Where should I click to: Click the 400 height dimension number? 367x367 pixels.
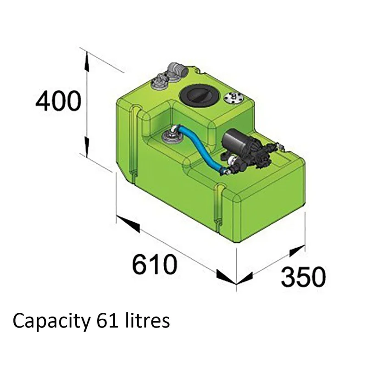tap(58, 101)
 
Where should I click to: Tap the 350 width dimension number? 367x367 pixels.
tap(303, 277)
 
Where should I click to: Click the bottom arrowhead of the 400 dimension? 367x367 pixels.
tap(87, 147)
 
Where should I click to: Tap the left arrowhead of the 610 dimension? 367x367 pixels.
tap(128, 224)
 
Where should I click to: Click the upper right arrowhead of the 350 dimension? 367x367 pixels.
tap(297, 250)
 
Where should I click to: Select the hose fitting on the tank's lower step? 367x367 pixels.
tap(171, 136)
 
